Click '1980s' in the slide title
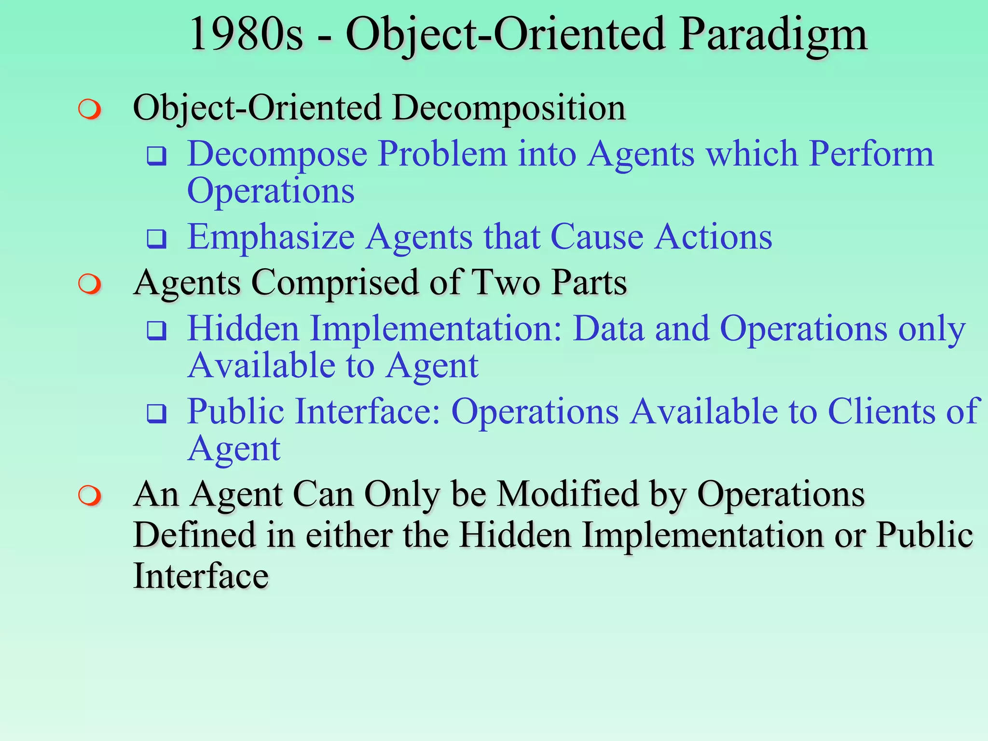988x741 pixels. (x=246, y=35)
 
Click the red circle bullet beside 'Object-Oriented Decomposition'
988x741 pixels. (x=90, y=110)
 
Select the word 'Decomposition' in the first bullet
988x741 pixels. (x=509, y=108)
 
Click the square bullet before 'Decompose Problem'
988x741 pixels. (x=157, y=156)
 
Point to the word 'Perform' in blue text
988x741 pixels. (x=871, y=154)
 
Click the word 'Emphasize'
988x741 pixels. (x=271, y=237)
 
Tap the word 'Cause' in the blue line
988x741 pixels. (x=597, y=237)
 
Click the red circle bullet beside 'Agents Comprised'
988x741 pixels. (x=90, y=284)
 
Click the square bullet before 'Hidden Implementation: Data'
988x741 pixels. (x=157, y=330)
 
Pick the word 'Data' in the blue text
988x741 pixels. (x=609, y=329)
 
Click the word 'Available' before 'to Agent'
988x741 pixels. (x=261, y=366)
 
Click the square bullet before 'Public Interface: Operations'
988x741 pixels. (x=157, y=413)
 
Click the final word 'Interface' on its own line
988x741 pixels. (x=201, y=576)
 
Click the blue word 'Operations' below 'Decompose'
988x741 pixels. (x=271, y=191)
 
